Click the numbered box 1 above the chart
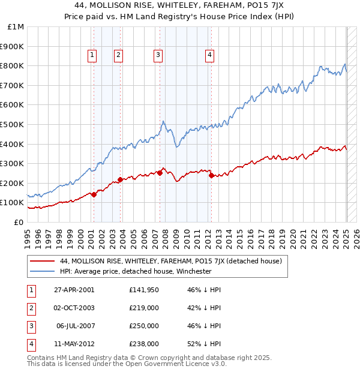(x=92, y=55)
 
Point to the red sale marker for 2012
(x=211, y=176)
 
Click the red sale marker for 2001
(x=94, y=194)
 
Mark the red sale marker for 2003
(x=120, y=179)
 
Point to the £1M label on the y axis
(x=16, y=27)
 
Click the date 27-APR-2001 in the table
(x=74, y=290)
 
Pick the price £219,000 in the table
(x=144, y=308)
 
